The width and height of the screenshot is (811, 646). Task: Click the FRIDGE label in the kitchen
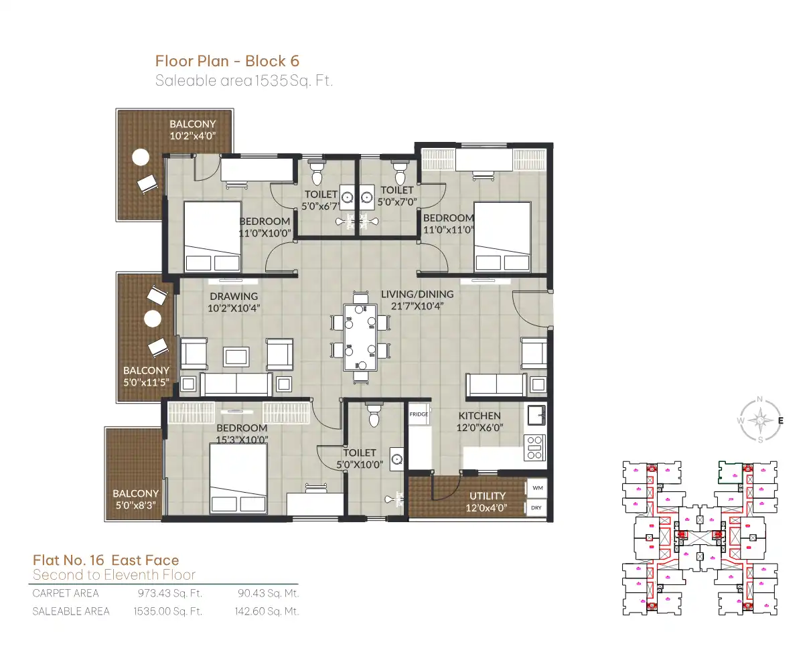(x=419, y=414)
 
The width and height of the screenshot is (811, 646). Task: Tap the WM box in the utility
(x=537, y=488)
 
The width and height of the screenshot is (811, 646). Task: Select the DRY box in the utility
(x=537, y=507)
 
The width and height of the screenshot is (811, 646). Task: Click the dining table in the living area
(x=360, y=337)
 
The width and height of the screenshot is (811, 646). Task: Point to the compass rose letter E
(x=780, y=421)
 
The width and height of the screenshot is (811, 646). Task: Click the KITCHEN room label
(x=480, y=416)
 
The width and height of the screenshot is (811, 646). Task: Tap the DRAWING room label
(x=234, y=297)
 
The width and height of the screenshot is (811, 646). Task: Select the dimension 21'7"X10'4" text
(x=417, y=306)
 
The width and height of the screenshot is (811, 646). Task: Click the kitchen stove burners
(x=534, y=448)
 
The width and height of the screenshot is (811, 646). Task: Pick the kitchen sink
(x=536, y=415)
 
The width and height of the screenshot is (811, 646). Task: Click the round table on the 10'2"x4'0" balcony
(x=141, y=157)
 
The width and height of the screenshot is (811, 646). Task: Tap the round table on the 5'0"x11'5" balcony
(x=153, y=319)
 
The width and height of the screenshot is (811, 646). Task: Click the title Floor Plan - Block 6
(x=227, y=61)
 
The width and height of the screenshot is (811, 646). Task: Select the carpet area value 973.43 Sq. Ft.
(x=170, y=593)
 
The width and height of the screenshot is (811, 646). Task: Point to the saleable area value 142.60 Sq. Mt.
(x=267, y=611)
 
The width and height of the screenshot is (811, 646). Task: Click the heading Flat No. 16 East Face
(x=106, y=560)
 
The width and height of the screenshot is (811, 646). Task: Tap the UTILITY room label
(x=488, y=495)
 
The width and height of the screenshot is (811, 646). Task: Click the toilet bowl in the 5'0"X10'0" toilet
(x=374, y=415)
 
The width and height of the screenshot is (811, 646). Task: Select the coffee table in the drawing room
(x=236, y=356)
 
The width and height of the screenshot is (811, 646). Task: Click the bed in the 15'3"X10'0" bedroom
(x=238, y=479)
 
